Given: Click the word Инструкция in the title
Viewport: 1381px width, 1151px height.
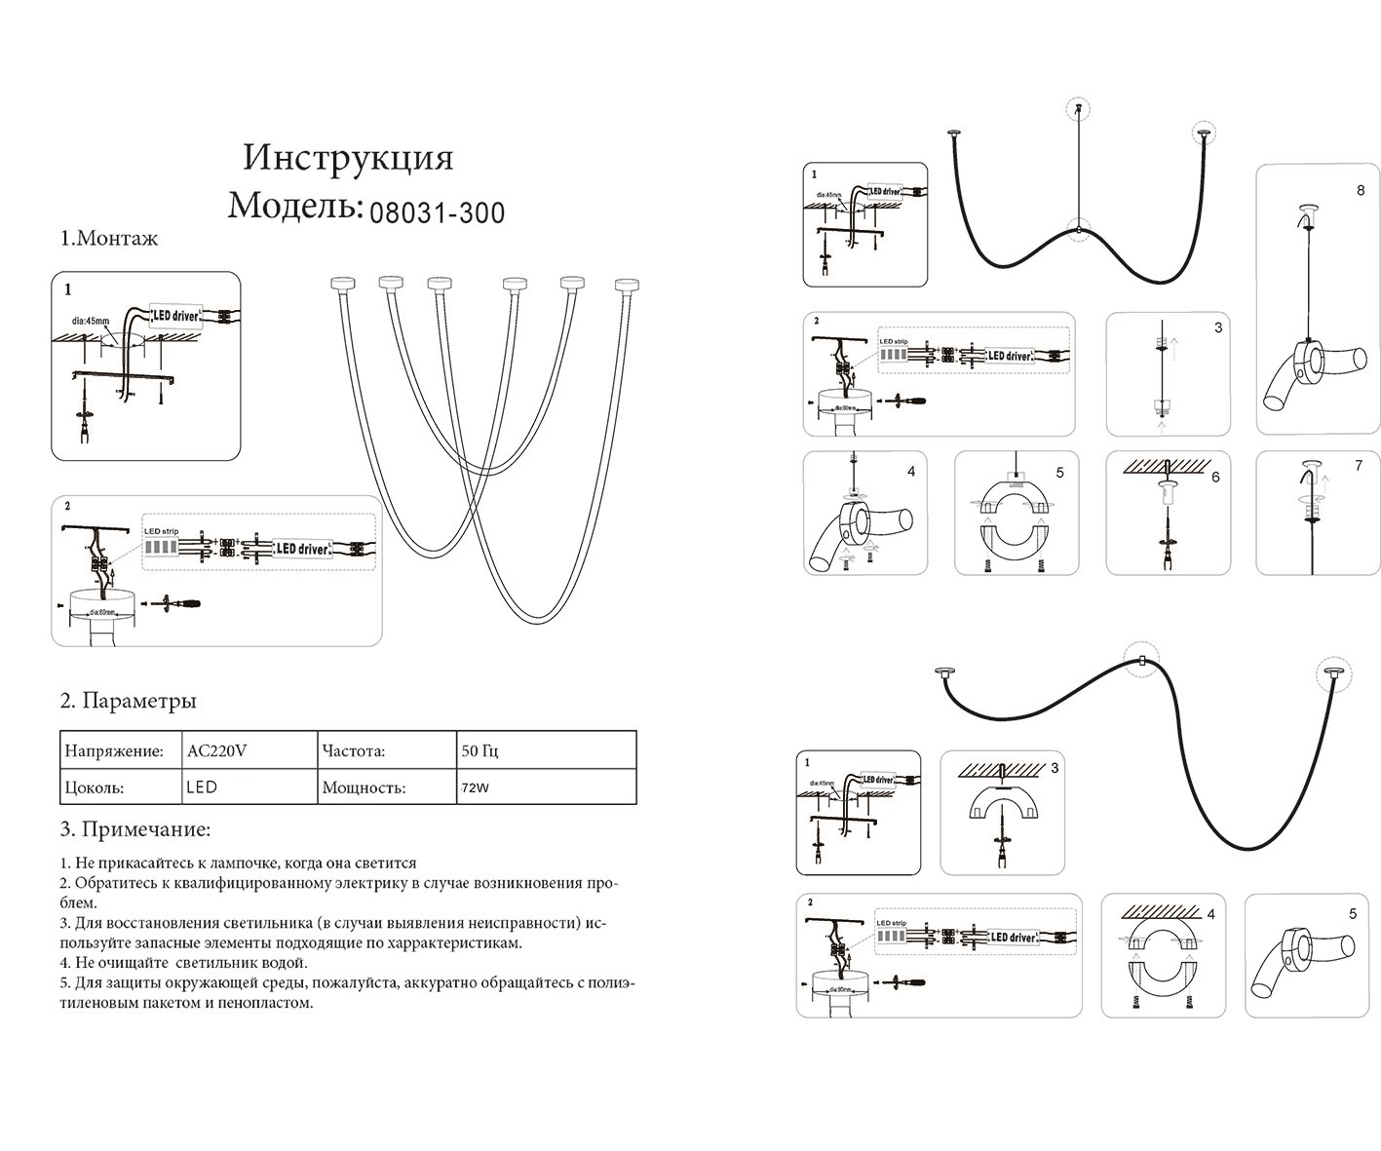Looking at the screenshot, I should click(x=348, y=158).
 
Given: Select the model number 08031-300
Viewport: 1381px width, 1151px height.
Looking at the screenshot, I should click(x=438, y=211).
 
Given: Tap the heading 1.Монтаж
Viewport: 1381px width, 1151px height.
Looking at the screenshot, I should click(x=108, y=238).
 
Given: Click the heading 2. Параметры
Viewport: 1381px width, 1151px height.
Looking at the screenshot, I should click(x=129, y=701).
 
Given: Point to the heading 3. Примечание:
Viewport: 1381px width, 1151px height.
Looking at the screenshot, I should click(x=135, y=830).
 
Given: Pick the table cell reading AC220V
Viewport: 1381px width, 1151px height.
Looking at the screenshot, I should click(x=216, y=751).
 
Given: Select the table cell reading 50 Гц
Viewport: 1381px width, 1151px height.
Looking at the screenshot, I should click(x=480, y=751).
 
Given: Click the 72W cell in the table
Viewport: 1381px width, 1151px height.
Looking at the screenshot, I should click(x=476, y=787).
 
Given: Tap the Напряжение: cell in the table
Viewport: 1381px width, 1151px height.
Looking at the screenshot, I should click(x=113, y=751).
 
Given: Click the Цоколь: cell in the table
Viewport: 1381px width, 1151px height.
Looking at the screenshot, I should click(x=94, y=787).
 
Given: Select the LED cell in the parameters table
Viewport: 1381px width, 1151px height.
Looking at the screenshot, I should click(x=202, y=787).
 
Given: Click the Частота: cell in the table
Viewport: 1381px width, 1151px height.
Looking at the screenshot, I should click(x=353, y=751).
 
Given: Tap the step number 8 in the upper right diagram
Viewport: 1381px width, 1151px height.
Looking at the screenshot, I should click(x=1361, y=191).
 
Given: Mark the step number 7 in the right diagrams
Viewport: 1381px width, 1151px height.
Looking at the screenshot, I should click(x=1359, y=466).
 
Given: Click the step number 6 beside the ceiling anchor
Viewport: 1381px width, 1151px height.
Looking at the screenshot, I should click(x=1214, y=477).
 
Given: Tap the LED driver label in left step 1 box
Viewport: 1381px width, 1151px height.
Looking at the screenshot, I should click(x=177, y=316).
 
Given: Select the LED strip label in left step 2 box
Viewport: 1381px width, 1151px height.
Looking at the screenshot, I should click(x=162, y=531).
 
